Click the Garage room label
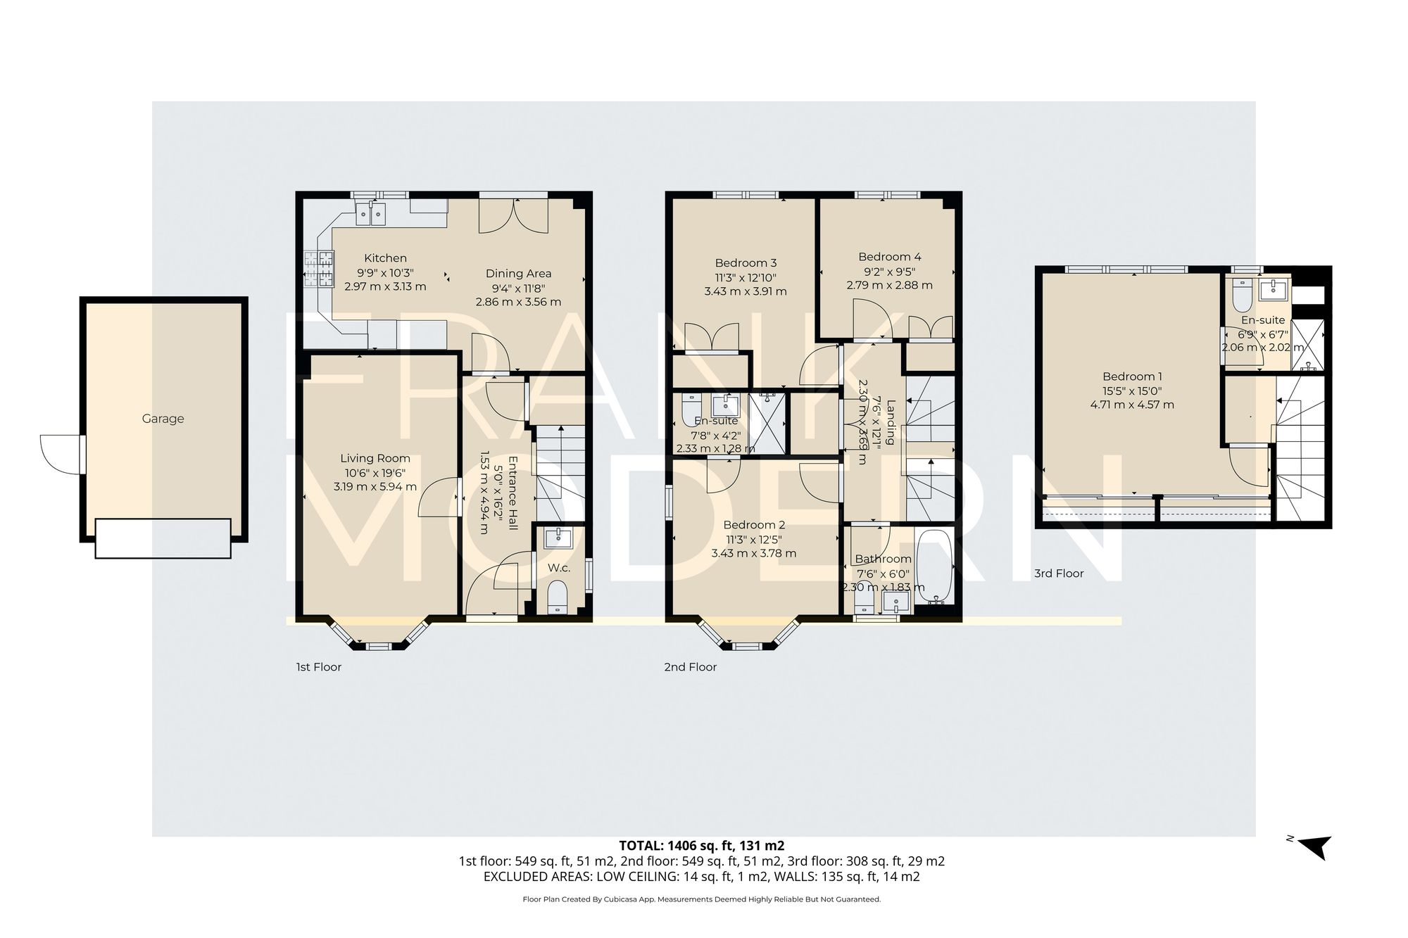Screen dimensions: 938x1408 pos(163,419)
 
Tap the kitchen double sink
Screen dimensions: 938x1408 pos(371,212)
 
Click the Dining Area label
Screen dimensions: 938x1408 pos(518,274)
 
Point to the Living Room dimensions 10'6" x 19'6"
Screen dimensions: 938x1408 pos(375,473)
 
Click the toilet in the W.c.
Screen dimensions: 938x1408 pos(558,597)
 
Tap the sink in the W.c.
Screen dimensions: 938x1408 pos(560,538)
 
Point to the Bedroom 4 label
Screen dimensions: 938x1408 pos(889,257)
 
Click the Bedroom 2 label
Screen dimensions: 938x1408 pos(753,525)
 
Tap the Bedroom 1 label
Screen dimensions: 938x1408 pos(1132,376)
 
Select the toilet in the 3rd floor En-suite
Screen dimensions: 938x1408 pos(1241,296)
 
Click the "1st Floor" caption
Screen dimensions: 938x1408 pos(318,667)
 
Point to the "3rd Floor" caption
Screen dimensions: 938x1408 pos(1058,573)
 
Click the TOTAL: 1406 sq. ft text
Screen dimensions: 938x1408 pos(701,846)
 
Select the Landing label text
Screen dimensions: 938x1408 pos(891,422)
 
